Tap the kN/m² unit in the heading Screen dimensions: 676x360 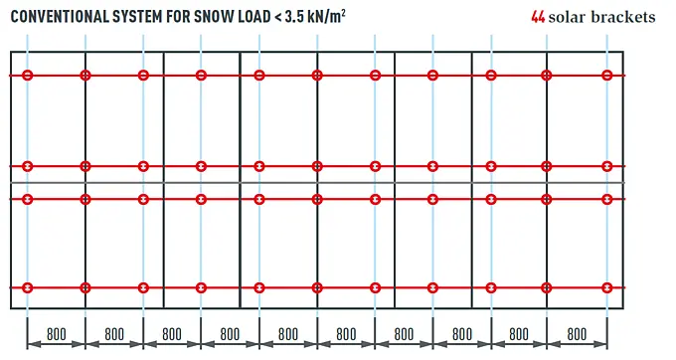tap(327, 16)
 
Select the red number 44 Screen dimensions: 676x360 tap(538, 17)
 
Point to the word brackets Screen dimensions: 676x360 tap(623, 17)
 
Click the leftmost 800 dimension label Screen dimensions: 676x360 tap(57, 334)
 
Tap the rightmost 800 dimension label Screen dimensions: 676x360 tap(577, 334)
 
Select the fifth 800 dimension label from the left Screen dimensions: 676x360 tap(288, 334)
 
